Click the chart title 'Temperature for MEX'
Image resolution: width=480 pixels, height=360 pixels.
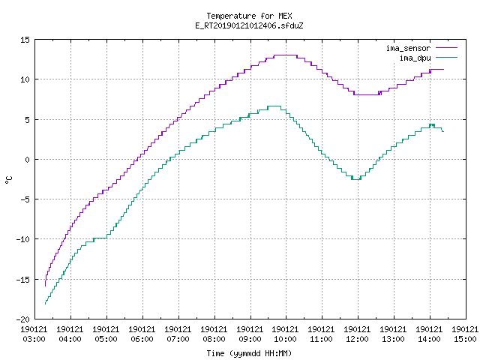point(249,16)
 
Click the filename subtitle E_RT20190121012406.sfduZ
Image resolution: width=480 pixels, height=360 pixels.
point(249,25)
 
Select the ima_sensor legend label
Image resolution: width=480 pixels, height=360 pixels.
point(408,48)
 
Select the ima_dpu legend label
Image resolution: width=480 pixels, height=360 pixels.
point(415,58)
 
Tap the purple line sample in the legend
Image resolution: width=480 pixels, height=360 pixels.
point(446,48)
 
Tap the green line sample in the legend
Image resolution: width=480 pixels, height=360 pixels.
point(446,58)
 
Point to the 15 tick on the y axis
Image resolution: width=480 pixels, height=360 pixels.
point(25,40)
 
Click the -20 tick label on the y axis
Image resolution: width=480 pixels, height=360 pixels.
point(23,319)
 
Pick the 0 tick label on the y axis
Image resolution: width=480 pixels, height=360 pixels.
point(28,160)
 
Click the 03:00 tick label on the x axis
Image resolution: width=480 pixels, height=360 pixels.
point(34,339)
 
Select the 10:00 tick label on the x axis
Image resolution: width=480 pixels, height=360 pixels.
point(286,339)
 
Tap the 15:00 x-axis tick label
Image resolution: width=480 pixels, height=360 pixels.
point(465,339)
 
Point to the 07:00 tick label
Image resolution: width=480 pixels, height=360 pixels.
point(178,339)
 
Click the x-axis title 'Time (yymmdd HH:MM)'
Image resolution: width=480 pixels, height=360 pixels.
point(249,353)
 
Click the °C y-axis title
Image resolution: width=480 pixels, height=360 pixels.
point(9,180)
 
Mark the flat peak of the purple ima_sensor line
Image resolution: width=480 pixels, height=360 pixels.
point(286,55)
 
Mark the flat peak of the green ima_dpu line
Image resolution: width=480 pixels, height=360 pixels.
point(274,106)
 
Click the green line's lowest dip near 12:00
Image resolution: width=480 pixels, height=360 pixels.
point(356,179)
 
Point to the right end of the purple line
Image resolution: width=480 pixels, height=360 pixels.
point(443,70)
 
